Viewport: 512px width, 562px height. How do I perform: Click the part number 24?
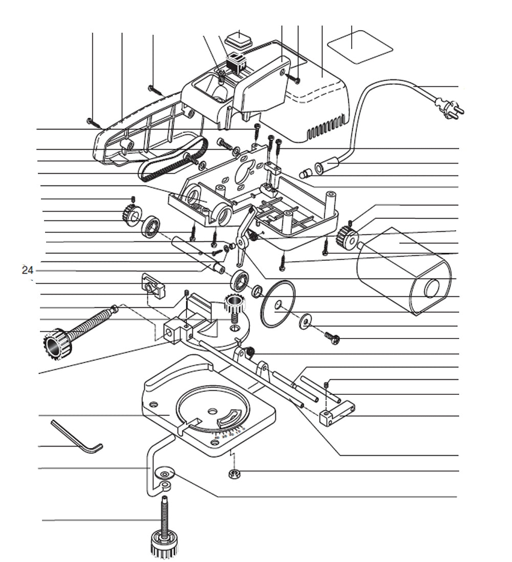(27, 271)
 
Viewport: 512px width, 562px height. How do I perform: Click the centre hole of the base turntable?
(211, 411)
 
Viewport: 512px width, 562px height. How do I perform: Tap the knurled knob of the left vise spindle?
(57, 344)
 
